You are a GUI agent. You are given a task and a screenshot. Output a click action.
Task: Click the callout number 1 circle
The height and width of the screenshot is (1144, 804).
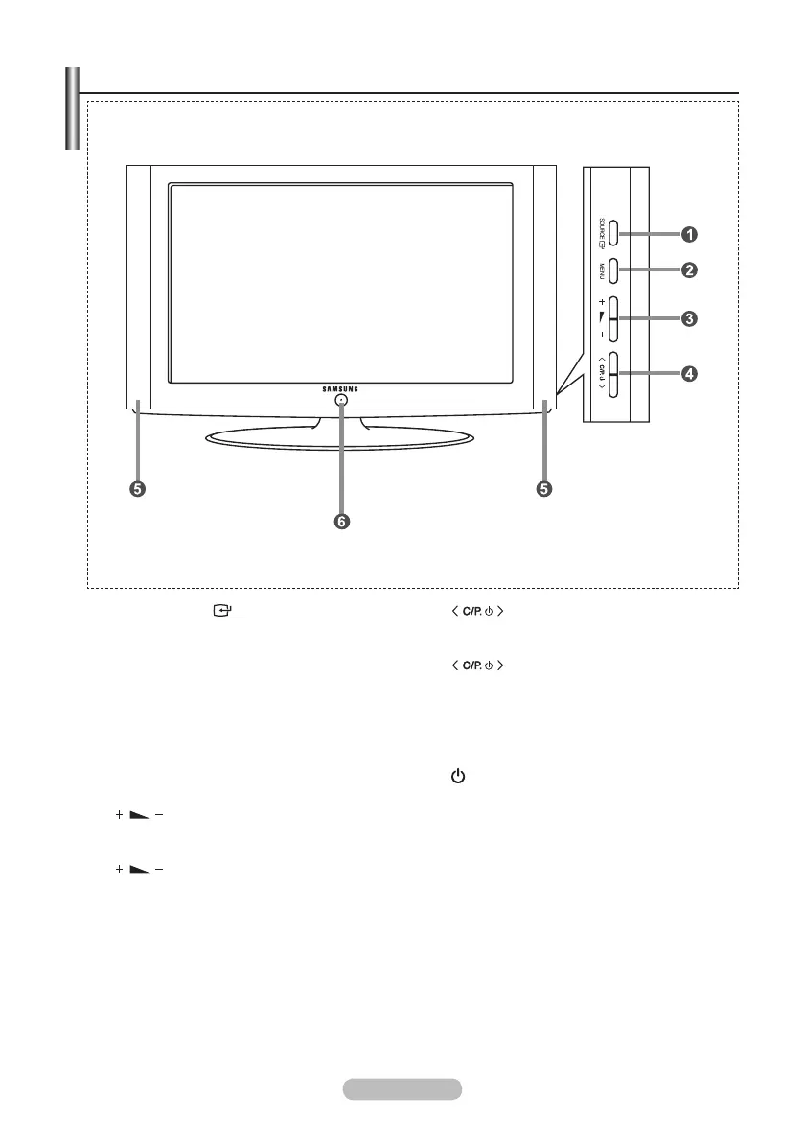[x=688, y=234]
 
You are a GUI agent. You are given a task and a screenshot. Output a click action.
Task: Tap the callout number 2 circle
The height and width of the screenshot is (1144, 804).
[x=688, y=270]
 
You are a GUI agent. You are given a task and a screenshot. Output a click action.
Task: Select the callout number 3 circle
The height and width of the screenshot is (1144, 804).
[x=688, y=317]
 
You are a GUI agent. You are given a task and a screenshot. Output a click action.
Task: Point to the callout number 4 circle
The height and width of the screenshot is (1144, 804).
[x=688, y=374]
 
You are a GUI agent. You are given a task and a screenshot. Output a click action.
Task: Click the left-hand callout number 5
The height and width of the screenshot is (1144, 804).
[x=138, y=489]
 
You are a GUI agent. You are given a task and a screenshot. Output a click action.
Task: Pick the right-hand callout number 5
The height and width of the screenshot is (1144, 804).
[x=543, y=489]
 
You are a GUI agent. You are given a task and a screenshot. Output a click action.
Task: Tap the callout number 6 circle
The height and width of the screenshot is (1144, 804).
[x=341, y=522]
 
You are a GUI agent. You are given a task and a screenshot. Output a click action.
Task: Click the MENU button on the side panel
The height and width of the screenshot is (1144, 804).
[x=613, y=271]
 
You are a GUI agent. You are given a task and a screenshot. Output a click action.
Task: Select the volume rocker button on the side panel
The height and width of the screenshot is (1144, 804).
[x=613, y=318]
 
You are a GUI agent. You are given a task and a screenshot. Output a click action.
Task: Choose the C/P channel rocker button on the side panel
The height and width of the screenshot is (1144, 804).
[x=613, y=374]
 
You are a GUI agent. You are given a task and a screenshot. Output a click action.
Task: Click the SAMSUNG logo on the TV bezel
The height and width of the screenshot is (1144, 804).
[x=340, y=388]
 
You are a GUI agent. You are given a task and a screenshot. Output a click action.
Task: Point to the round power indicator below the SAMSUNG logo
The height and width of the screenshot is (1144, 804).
[x=341, y=403]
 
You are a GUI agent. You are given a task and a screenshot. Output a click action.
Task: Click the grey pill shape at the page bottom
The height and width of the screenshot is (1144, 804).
[x=402, y=1088]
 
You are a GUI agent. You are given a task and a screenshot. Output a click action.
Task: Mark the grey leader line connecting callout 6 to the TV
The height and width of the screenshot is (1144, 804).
[x=341, y=460]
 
